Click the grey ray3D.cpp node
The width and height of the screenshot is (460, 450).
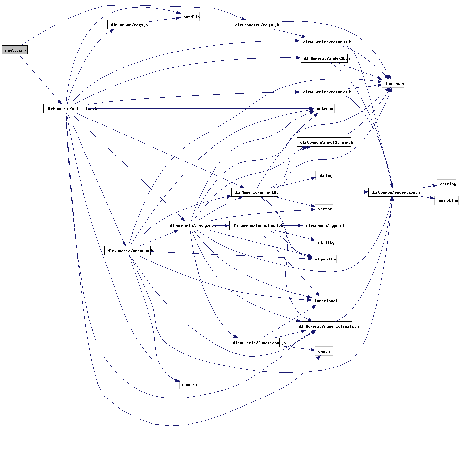click(15, 50)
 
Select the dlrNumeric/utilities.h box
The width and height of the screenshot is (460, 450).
click(66, 109)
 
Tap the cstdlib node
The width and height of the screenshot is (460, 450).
click(190, 17)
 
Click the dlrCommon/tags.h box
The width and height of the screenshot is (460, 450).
click(127, 25)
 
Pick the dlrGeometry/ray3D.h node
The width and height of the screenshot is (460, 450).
click(254, 25)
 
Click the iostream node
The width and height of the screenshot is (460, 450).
click(393, 84)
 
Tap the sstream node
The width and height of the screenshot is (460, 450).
click(324, 109)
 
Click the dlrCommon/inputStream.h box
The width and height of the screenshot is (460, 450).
click(324, 142)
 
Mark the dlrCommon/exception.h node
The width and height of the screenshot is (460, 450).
click(393, 192)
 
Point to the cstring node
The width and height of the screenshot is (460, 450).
click(446, 184)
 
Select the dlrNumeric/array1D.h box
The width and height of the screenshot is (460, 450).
click(254, 192)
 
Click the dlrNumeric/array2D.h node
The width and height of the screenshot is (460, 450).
click(190, 226)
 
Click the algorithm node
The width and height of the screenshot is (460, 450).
click(324, 259)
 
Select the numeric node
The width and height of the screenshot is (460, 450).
click(190, 385)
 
